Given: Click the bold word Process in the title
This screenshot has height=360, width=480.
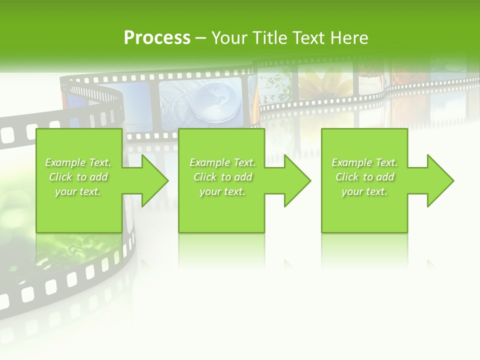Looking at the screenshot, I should click(x=157, y=38).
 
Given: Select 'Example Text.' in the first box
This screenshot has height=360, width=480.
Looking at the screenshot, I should click(x=78, y=162).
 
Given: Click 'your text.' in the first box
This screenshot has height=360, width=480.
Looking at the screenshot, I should click(x=78, y=191).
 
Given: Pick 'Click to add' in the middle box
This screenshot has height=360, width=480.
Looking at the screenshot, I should click(x=222, y=177).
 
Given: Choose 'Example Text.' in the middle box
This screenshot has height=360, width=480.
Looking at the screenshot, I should click(x=222, y=162).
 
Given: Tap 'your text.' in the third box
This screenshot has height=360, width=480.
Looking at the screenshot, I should click(x=364, y=191).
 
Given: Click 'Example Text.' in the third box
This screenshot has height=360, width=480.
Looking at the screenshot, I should click(x=364, y=162).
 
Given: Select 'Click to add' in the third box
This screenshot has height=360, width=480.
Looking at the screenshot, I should click(x=364, y=177).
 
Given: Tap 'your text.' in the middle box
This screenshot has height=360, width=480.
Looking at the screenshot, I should click(x=222, y=191).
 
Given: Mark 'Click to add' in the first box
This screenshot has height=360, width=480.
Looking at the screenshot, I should click(x=78, y=177).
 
